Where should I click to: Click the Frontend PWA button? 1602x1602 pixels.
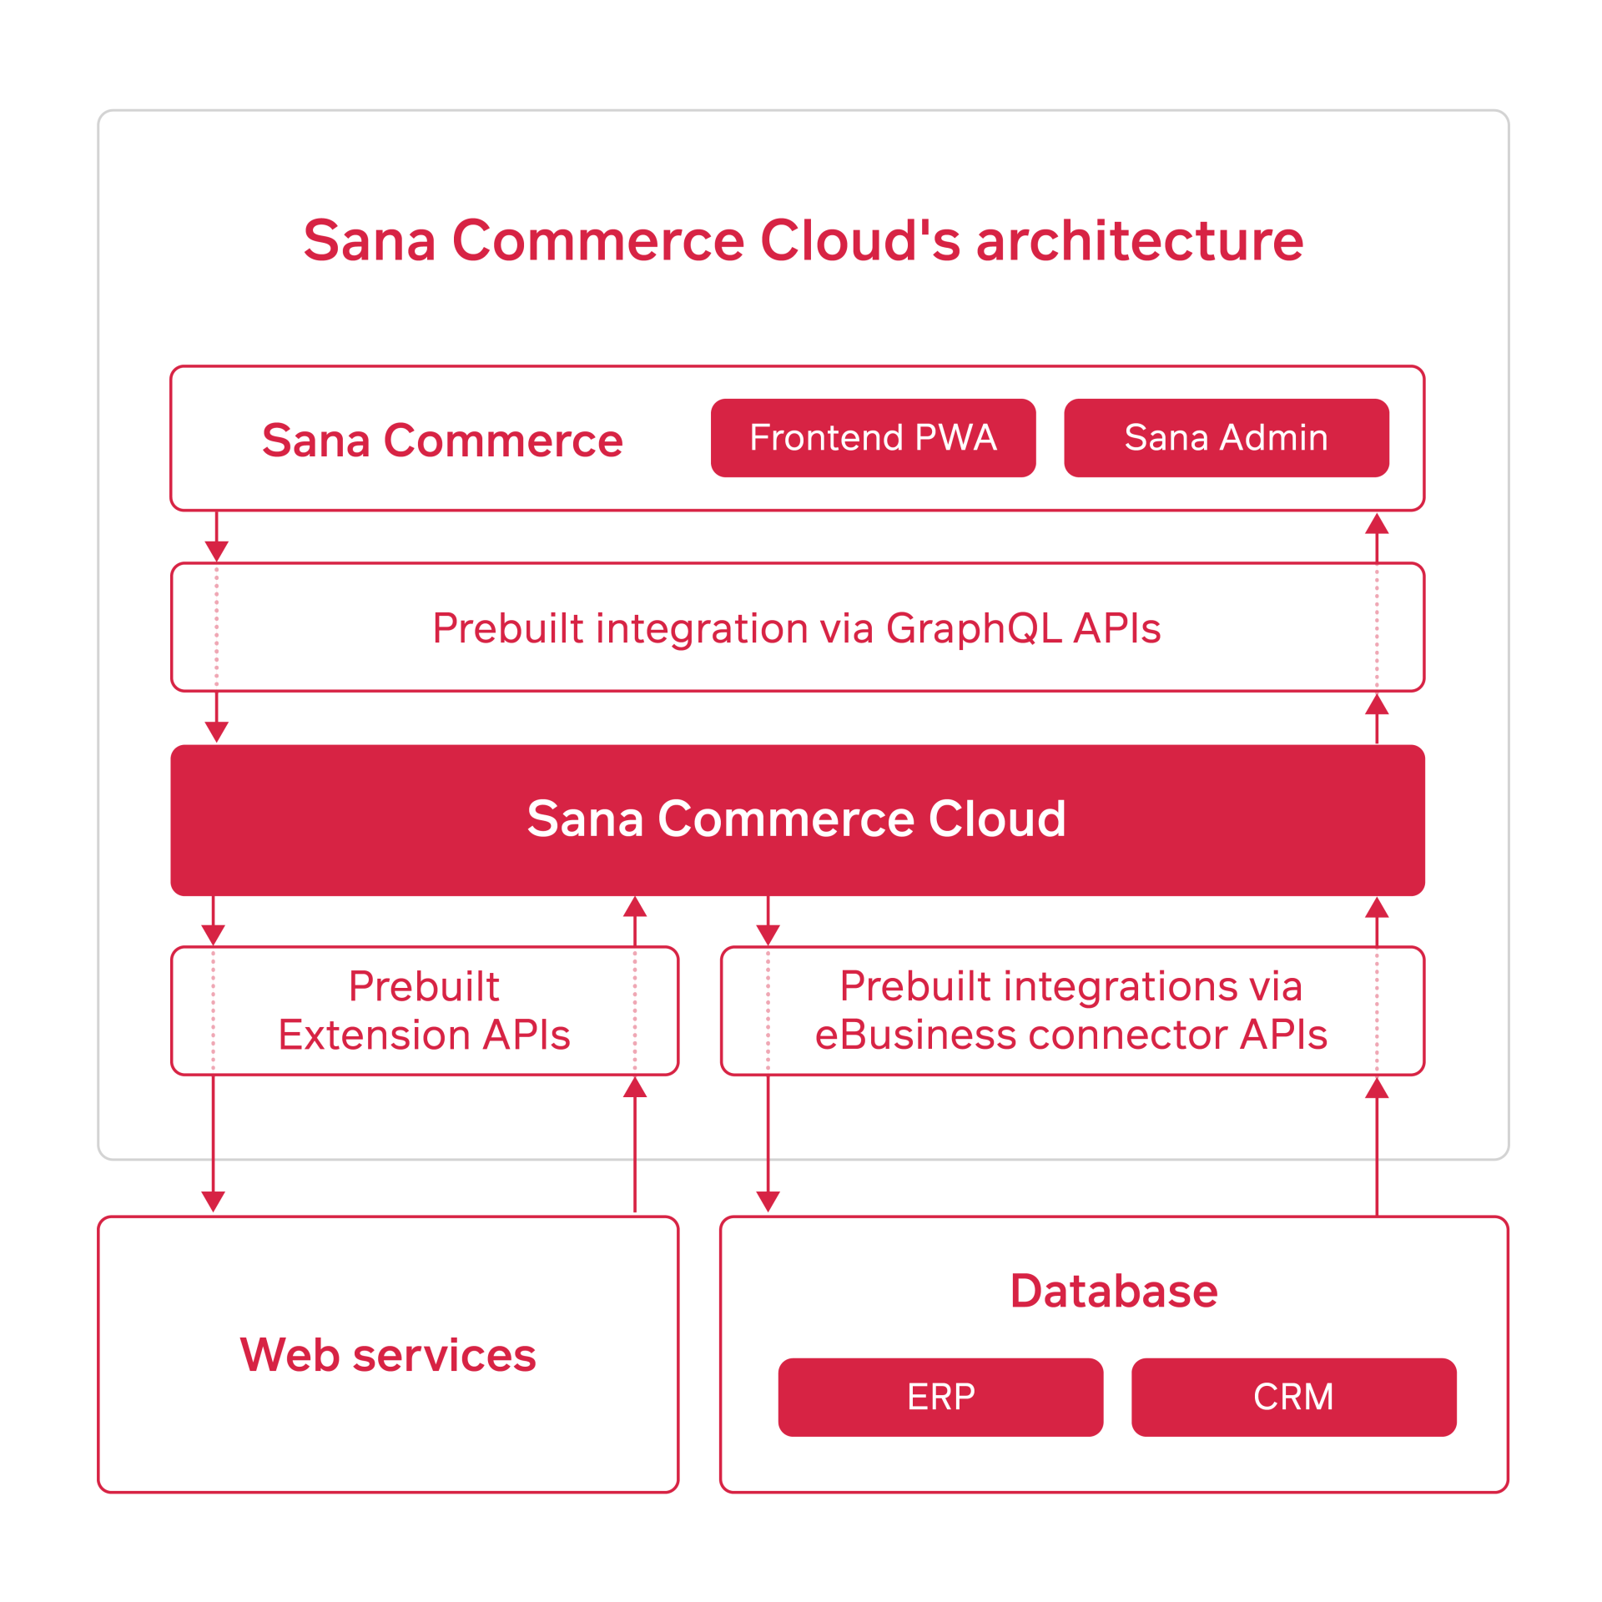(873, 438)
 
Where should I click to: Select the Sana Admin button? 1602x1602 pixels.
(1226, 438)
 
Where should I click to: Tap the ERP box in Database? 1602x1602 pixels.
(940, 1397)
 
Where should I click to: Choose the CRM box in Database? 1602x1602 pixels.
(1293, 1397)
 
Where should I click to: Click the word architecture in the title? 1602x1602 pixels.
(1139, 241)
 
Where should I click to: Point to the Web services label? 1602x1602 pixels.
(388, 1354)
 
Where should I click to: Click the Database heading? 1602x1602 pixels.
(1113, 1291)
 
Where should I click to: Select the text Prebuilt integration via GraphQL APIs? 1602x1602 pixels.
(796, 628)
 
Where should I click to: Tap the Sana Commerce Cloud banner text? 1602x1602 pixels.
(796, 819)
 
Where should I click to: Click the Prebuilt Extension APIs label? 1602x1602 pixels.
(424, 1010)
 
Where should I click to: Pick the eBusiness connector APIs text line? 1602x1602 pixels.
(1071, 1035)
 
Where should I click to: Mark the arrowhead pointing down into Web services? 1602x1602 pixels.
(214, 1201)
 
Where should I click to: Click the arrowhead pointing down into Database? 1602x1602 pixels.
(768, 1201)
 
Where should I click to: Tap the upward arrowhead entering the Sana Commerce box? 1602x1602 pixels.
(1377, 524)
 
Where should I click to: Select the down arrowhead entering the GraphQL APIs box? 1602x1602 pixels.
(217, 551)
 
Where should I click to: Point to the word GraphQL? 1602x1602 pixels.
(974, 628)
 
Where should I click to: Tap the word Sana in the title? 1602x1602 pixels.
(370, 241)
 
